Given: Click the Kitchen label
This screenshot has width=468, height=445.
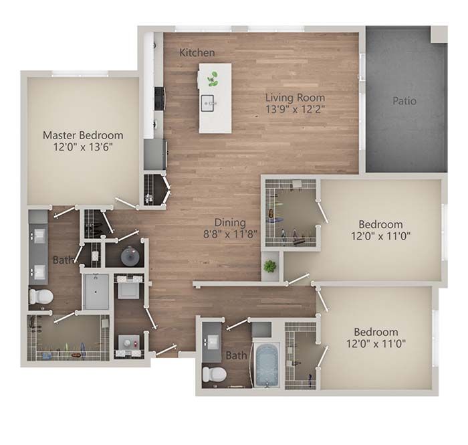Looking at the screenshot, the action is [197, 53].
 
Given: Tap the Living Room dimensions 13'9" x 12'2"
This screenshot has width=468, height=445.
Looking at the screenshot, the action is [295, 109].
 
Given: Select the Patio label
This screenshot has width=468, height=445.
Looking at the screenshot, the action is [404, 101].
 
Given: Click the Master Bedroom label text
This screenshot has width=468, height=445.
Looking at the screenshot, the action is [83, 135].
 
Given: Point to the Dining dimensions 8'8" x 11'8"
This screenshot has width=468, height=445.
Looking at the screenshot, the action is [230, 234].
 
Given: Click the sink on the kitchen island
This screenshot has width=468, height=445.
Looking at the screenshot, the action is [207, 103].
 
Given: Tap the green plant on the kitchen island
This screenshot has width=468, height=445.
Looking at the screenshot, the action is [213, 79].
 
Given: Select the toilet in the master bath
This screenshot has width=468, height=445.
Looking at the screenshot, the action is [41, 296].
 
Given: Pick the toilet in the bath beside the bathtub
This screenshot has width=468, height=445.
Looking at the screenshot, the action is [214, 375].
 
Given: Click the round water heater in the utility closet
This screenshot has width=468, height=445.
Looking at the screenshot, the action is [130, 256].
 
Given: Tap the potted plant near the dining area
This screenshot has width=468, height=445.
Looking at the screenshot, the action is [270, 266].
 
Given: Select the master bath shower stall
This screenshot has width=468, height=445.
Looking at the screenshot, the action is [96, 292].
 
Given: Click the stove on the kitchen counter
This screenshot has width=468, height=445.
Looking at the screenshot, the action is [160, 98].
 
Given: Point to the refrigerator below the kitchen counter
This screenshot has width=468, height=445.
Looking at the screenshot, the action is [155, 155].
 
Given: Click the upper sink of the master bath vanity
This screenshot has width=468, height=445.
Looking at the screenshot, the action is [39, 236].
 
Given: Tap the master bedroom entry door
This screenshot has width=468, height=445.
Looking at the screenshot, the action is [126, 203].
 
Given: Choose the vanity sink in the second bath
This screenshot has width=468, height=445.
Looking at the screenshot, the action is [212, 341].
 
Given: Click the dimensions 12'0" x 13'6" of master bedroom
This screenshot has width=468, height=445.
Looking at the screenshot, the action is [83, 147].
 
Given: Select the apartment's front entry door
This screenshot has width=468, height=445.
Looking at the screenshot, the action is [165, 350].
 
